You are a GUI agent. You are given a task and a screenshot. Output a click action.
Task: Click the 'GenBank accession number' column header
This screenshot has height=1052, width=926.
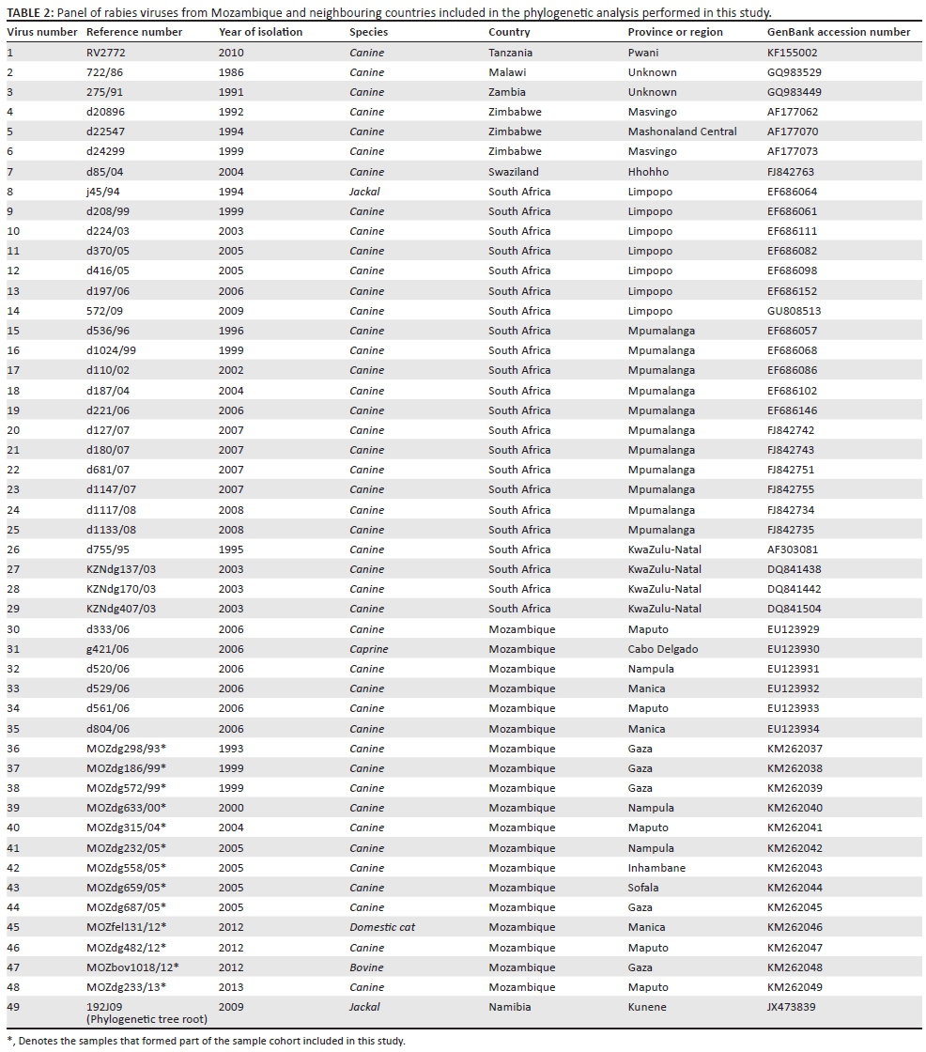coord(839,32)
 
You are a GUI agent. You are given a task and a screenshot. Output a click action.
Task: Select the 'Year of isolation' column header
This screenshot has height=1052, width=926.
coord(260,32)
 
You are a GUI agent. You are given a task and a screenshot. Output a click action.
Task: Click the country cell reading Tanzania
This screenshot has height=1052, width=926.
coord(510,53)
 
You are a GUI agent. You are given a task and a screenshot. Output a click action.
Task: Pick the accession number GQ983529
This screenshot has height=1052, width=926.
coord(793,72)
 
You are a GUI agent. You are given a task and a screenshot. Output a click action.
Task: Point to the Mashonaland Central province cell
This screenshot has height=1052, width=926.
coord(682,131)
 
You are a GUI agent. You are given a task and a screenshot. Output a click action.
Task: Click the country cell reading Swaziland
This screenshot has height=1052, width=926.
coord(514,172)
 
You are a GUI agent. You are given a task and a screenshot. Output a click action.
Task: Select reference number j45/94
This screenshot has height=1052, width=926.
coord(102,192)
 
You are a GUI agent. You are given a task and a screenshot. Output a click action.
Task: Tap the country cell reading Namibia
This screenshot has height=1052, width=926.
coord(509,1007)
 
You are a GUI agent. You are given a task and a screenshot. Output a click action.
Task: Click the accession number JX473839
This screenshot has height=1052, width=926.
coord(792,1007)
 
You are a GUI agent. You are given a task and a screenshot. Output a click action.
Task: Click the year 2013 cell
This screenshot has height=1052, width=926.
coord(230,987)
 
